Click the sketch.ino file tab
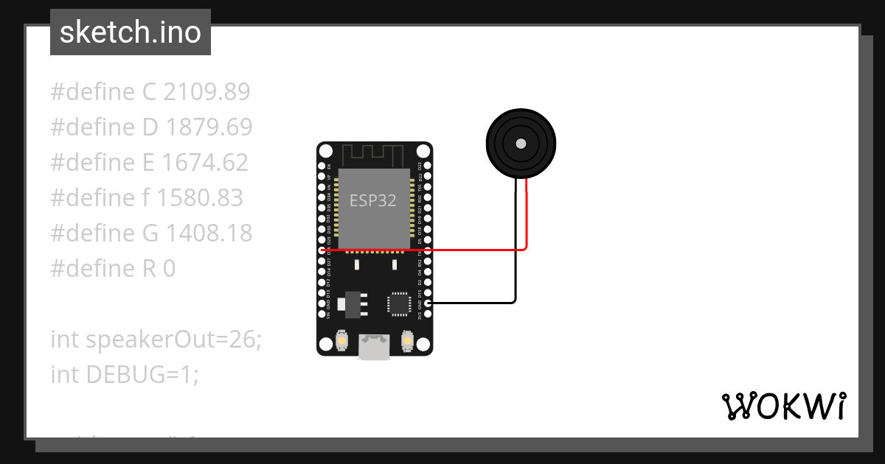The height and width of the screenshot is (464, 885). coord(131,32)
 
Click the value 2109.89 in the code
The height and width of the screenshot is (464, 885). coord(206,92)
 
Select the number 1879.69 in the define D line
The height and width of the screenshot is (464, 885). coord(209,127)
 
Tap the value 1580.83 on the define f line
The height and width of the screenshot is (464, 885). coord(200,198)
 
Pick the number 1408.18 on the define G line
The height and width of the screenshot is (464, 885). coord(209,233)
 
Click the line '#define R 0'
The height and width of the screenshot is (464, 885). coord(113,269)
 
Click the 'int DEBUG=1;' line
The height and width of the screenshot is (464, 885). coord(125,375)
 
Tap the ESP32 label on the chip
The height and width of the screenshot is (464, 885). coord(373,200)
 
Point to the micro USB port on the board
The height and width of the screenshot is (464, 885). coord(374,348)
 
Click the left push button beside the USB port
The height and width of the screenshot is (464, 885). coord(342,340)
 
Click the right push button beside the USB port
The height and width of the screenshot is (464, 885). coord(406,340)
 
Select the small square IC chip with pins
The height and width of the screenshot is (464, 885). coord(399,303)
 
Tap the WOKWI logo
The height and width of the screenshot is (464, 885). coord(783,406)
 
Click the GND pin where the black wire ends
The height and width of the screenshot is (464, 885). coord(428,303)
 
